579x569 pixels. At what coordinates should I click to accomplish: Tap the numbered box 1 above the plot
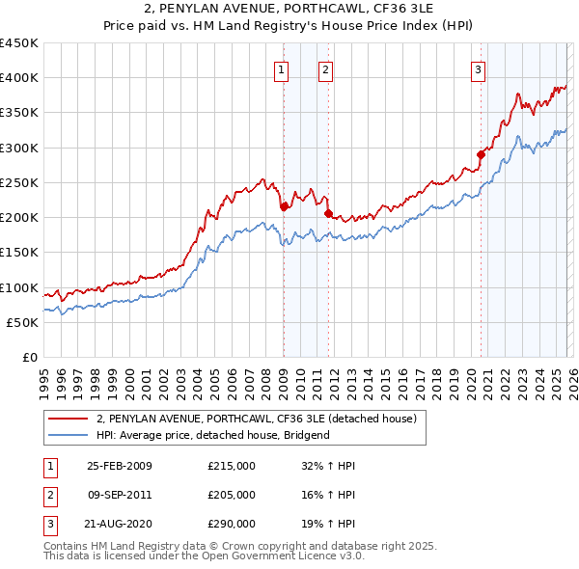click(x=281, y=68)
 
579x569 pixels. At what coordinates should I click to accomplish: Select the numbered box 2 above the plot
click(x=326, y=68)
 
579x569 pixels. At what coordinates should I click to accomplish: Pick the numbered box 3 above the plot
click(x=478, y=68)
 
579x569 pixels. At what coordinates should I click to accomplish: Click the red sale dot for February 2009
click(x=284, y=206)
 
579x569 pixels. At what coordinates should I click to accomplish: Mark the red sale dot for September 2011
click(x=328, y=213)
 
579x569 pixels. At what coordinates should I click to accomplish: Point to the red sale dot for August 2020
click(x=481, y=153)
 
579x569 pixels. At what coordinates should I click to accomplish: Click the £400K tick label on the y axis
click(x=19, y=78)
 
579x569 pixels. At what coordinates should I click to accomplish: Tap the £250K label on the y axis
click(x=19, y=182)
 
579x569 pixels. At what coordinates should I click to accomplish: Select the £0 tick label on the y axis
click(x=29, y=358)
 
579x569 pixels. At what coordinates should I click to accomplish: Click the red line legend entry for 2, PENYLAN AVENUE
click(x=257, y=419)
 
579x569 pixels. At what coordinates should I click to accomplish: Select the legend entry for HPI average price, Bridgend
click(x=213, y=435)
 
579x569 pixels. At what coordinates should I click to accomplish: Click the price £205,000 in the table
click(x=232, y=495)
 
